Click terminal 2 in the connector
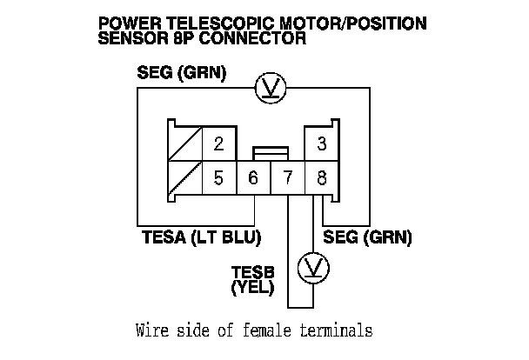pos(218,144)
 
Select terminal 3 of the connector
pos(321,144)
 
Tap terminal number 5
pos(218,178)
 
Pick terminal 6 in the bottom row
pos(253,178)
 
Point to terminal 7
pos(287,178)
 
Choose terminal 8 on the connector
pos(321,178)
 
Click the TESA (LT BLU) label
pos(201,236)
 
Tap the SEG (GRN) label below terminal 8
pos(367,236)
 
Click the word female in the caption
pos(266,330)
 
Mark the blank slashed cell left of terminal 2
pos(185,144)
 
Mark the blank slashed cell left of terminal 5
pos(185,178)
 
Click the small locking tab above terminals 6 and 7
pos(270,153)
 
